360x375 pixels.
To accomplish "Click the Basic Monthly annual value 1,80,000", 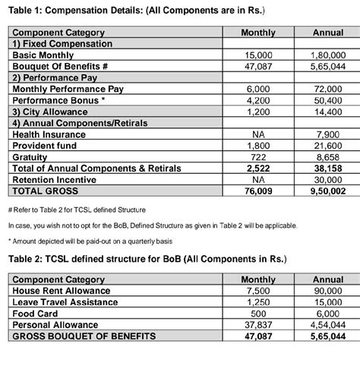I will click(328, 55).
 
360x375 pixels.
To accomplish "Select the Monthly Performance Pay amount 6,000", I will click(257, 89).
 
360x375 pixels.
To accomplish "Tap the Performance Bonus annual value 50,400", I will click(328, 100).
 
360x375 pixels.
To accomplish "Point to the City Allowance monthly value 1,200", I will click(257, 112).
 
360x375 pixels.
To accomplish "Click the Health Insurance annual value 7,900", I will click(328, 134).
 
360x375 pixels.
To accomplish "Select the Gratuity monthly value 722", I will click(257, 157).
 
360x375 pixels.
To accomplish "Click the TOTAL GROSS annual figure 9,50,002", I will click(328, 191).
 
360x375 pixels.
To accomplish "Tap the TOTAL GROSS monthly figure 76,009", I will click(257, 191).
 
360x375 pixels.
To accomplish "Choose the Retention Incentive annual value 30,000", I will click(328, 180).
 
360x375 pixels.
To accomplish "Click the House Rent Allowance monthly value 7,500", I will click(257, 291).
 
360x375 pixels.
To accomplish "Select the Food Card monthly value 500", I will click(257, 314).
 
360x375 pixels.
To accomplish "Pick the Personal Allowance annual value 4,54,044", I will click(328, 325).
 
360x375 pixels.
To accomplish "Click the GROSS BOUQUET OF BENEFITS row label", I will click(84, 336).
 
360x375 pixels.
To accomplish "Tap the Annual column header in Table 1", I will click(328, 33).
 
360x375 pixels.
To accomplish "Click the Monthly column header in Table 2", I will click(257, 279).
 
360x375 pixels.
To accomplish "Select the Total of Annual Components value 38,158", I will click(328, 169).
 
